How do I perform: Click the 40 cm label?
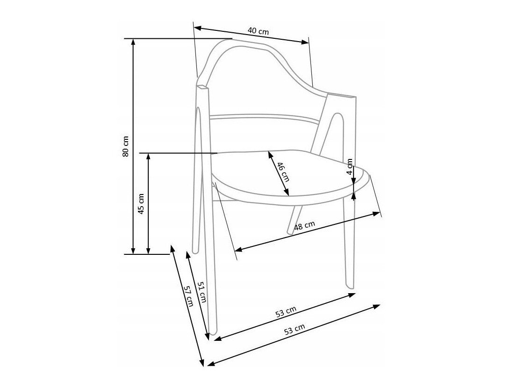258,31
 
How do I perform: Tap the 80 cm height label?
125,146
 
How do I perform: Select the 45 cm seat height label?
141,203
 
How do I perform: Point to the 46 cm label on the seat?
283,172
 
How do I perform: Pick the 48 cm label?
304,226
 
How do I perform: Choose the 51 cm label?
202,292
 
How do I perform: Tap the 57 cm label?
188,295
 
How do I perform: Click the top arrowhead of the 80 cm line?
133,42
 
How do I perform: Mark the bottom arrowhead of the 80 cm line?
133,251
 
